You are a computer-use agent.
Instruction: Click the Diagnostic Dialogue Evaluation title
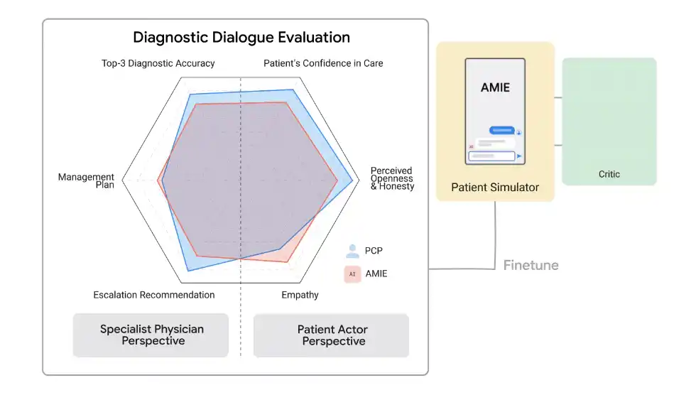(241, 37)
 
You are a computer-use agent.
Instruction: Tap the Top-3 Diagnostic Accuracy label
(158, 63)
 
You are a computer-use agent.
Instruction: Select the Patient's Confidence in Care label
(323, 63)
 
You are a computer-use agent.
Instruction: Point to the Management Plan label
(87, 181)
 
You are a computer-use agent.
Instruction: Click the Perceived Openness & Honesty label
(392, 179)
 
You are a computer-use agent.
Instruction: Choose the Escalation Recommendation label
(153, 295)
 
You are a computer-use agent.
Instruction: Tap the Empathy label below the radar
(300, 295)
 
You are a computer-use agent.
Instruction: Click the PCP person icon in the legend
(352, 251)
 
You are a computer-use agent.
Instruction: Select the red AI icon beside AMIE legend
(352, 274)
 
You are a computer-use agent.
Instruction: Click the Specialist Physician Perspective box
(151, 335)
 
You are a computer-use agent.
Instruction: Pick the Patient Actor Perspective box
(332, 335)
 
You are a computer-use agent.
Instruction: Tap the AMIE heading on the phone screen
(495, 88)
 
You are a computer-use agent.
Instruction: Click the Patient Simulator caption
(495, 188)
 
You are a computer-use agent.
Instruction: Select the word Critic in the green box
(609, 174)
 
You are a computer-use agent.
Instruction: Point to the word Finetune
(531, 266)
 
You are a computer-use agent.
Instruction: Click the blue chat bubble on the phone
(501, 131)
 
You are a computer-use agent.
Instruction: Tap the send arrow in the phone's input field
(519, 156)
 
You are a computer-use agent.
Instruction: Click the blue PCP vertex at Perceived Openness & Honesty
(353, 181)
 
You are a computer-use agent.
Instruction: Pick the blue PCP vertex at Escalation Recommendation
(187, 271)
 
